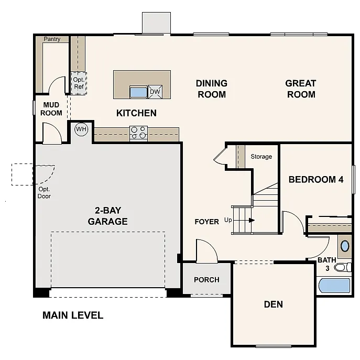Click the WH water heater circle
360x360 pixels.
click(x=81, y=129)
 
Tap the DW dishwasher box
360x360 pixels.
click(x=155, y=92)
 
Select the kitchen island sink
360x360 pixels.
click(x=138, y=92)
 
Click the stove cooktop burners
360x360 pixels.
click(x=138, y=133)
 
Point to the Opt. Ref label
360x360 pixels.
click(x=79, y=83)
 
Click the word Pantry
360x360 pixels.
click(x=52, y=39)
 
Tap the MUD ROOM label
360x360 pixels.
click(x=51, y=109)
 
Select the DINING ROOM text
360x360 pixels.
click(x=211, y=89)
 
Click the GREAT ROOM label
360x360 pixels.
click(x=300, y=89)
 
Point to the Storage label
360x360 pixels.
click(x=261, y=156)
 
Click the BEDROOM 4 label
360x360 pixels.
click(x=316, y=179)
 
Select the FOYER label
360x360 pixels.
click(x=206, y=222)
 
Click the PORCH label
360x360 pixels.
click(x=206, y=279)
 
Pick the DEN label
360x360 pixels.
click(x=273, y=304)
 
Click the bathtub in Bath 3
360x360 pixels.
click(x=334, y=286)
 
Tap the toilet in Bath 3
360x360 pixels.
click(x=342, y=267)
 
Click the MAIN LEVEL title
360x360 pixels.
click(x=73, y=315)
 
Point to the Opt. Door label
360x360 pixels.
click(x=45, y=192)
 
